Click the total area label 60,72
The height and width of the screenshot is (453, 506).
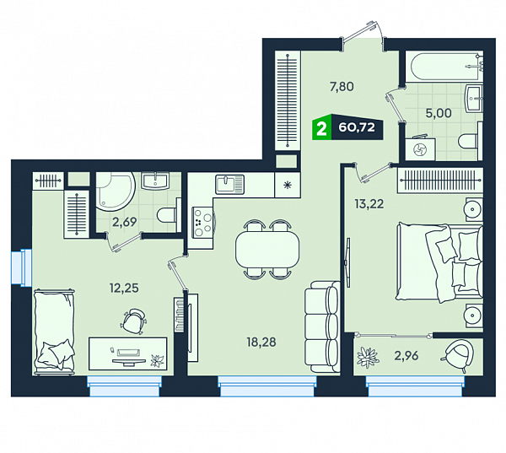(x=357, y=127)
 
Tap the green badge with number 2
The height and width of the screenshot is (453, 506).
(x=322, y=128)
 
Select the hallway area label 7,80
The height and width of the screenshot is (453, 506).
(x=342, y=87)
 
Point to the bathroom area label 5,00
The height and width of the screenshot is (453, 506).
(x=439, y=113)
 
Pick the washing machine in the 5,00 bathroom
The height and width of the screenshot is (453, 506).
(x=421, y=149)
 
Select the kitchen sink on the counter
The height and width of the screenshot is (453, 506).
(x=229, y=184)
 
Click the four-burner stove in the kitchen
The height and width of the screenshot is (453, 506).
(x=202, y=223)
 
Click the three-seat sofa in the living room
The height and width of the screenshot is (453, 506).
(x=322, y=326)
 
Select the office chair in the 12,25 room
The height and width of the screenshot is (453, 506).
(x=133, y=321)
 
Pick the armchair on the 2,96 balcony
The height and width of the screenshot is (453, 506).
(x=459, y=354)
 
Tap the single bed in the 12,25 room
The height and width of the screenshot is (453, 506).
(x=54, y=332)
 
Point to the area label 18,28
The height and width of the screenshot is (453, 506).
(x=261, y=342)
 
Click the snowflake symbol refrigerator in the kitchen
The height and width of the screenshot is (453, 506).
(x=288, y=185)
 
